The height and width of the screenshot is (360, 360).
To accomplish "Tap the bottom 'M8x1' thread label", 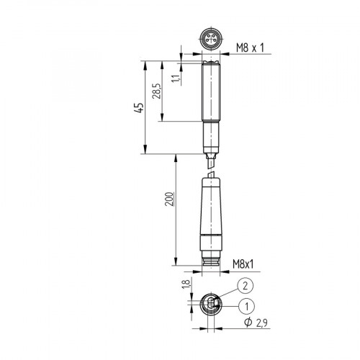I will coord(248,265).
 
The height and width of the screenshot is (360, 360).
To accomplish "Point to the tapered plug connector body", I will coord(211,212).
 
